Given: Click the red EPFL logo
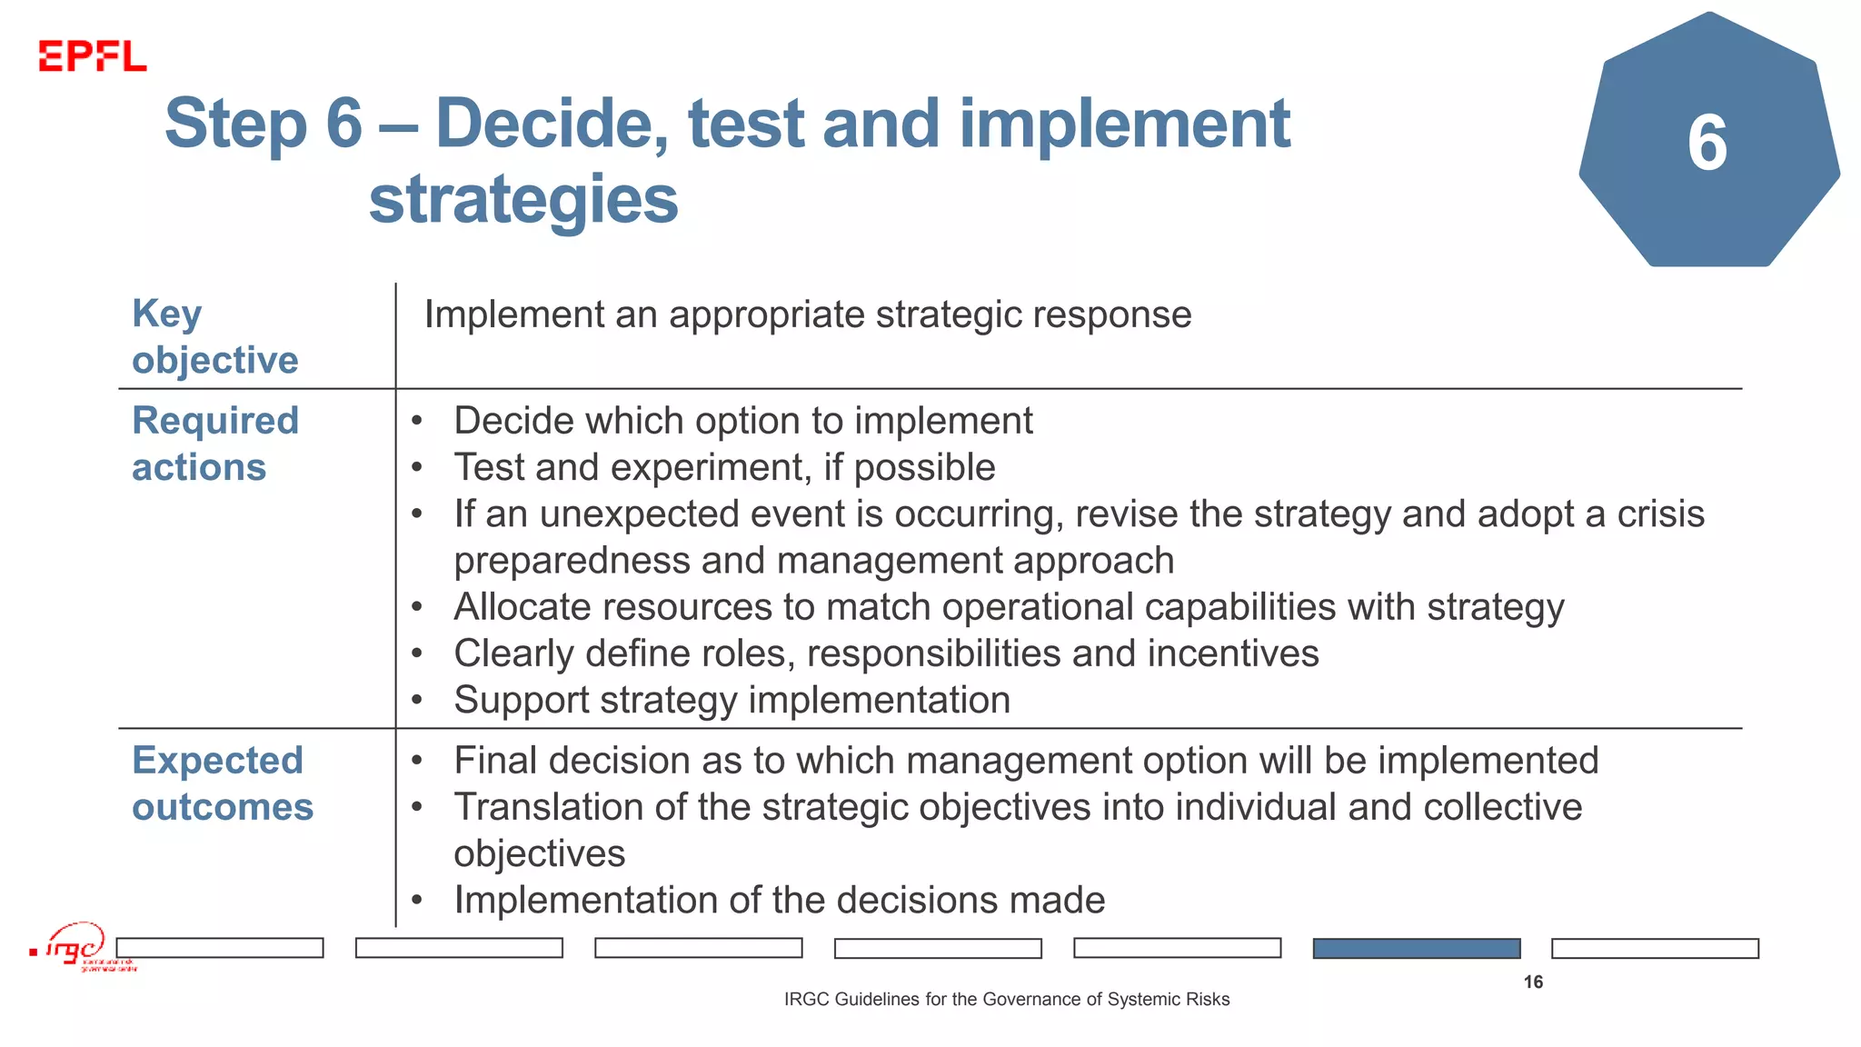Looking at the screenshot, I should pyautogui.click(x=92, y=56).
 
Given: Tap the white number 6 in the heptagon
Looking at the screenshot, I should pyautogui.click(x=1707, y=144).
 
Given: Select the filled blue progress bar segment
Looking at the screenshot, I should pyautogui.click(x=1416, y=948).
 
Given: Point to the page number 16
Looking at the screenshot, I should pyautogui.click(x=1533, y=982).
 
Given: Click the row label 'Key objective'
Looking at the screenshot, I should pyautogui.click(x=214, y=336).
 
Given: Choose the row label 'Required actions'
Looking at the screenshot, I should pyautogui.click(x=214, y=444).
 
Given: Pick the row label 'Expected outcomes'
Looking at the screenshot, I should pyautogui.click(x=222, y=783).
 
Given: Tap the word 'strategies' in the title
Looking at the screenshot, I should pyautogui.click(x=523, y=200).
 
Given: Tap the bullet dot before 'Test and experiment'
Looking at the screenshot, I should pyautogui.click(x=417, y=468).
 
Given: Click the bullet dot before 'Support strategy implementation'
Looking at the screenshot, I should pyautogui.click(x=417, y=701).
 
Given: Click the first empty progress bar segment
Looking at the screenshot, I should pyautogui.click(x=220, y=948).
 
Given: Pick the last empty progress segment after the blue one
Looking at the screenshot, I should pyautogui.click(x=1655, y=948).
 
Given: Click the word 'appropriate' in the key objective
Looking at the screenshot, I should pyautogui.click(x=766, y=314).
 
